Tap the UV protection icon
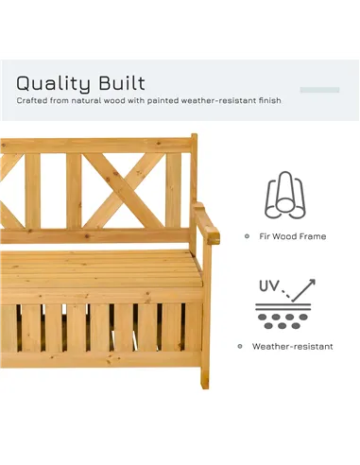[x=283, y=302]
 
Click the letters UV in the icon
[x=268, y=284]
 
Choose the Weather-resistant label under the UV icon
[x=293, y=347]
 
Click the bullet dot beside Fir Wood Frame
[x=247, y=236]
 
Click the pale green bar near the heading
[x=319, y=90]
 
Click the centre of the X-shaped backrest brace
[x=123, y=191]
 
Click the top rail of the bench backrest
[x=94, y=145]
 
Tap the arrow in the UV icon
[x=304, y=287]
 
